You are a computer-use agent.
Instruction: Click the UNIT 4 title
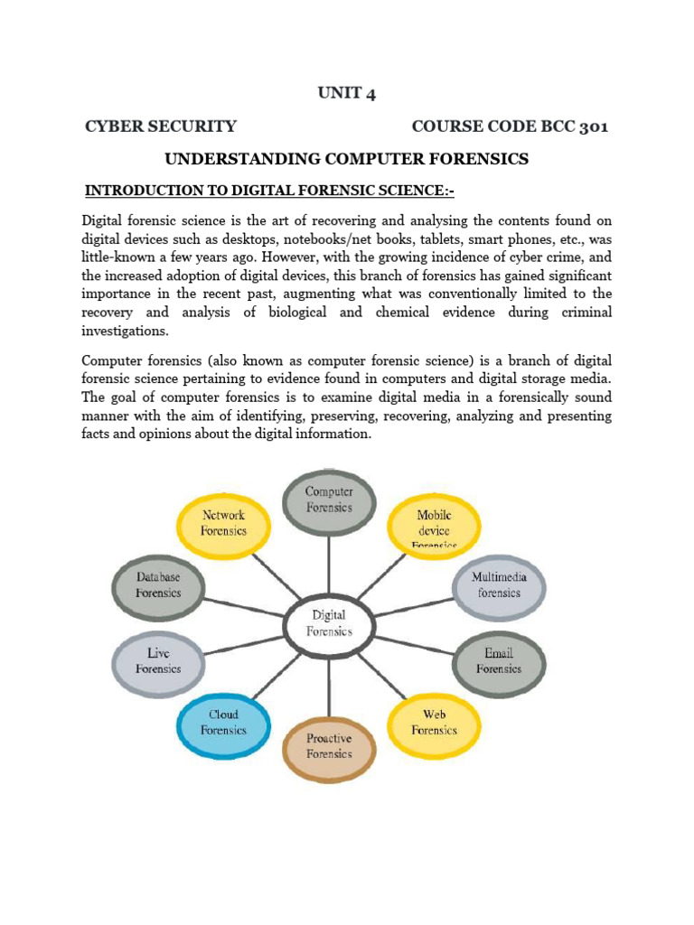point(346,94)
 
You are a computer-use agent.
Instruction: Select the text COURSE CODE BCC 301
point(510,126)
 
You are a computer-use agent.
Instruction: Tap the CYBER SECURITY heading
point(161,126)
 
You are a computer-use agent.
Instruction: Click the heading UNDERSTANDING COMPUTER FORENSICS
point(346,159)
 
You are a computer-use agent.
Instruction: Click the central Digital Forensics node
point(329,623)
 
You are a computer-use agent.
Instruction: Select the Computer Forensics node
point(329,500)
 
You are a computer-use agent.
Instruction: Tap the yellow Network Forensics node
point(223,523)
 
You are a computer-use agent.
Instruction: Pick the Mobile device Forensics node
point(434,527)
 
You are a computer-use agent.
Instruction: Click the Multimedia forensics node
point(499,584)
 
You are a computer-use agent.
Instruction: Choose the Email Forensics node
point(499,660)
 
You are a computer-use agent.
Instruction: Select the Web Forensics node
point(434,722)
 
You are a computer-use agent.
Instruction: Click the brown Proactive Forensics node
point(329,745)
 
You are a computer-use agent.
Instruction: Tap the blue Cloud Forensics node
point(223,722)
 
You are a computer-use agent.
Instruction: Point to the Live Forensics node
point(158,660)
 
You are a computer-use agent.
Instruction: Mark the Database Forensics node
point(158,584)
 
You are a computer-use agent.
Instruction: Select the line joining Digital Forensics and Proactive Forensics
point(329,684)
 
